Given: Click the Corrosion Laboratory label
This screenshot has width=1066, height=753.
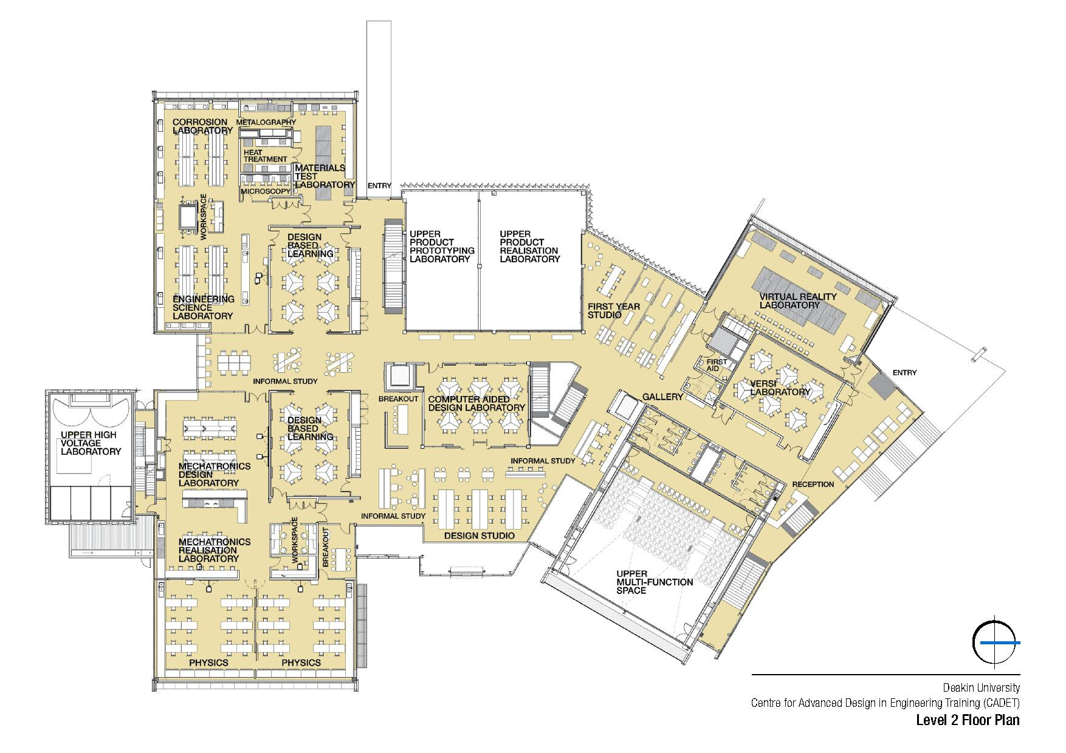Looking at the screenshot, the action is [202, 126].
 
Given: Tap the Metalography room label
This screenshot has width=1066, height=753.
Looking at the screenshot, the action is [266, 122].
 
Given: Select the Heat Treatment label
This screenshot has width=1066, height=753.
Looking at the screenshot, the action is [266, 155].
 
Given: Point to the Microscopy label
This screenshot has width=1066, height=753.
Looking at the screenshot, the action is [266, 191].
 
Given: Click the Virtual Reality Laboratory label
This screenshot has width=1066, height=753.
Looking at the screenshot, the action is [789, 301].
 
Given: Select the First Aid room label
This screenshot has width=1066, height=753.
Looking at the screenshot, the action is [717, 365].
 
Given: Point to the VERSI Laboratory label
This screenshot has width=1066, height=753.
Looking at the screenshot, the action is [780, 387].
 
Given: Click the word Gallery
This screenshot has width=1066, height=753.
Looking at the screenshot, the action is [663, 397].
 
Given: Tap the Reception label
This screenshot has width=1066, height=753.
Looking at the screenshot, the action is [813, 485].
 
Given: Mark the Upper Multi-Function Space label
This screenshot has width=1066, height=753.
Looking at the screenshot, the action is [655, 582].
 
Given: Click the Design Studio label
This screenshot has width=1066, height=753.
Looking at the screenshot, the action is [480, 536].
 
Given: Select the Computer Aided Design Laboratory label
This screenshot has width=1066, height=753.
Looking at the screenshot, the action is [476, 404].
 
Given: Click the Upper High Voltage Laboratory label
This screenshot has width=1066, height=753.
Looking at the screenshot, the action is [91, 443].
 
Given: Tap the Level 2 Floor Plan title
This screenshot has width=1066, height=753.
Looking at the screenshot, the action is [968, 721].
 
